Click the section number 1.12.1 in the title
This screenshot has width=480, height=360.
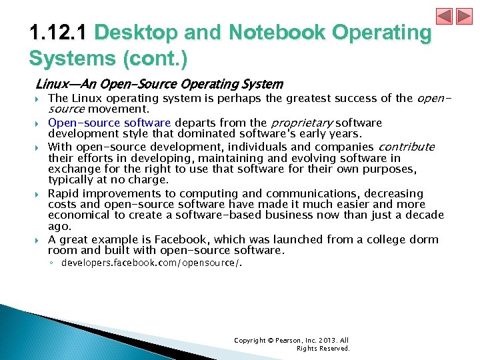click(x=60, y=33)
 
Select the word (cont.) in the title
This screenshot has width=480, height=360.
click(x=156, y=59)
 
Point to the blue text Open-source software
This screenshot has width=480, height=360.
click(x=109, y=123)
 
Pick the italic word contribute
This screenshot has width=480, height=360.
click(x=406, y=147)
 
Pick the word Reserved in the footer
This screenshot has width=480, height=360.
click(x=334, y=349)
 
